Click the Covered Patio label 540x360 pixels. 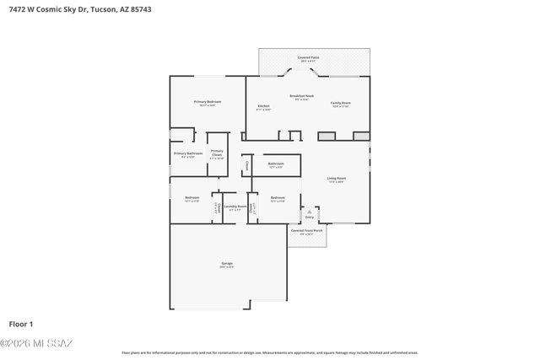coord(308,57)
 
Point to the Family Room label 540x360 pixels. coord(341,103)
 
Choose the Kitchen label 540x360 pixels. coord(263,106)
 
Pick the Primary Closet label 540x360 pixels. coord(217,153)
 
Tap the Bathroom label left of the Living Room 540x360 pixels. coord(276,164)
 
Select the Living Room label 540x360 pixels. coord(337,178)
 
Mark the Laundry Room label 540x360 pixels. coord(235,206)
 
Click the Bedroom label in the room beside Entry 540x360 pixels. coord(278,198)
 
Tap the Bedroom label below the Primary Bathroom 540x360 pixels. coord(192,198)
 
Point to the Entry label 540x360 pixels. coord(310,217)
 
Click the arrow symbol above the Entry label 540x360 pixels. coord(310,210)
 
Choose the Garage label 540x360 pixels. coord(227,264)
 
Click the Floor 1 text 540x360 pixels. coord(21,324)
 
